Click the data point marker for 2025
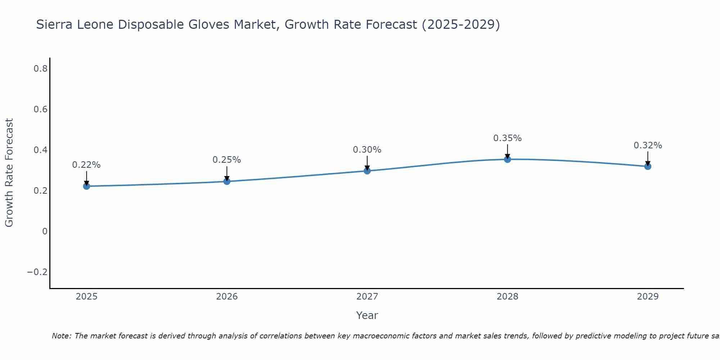click(x=86, y=186)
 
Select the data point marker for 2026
click(x=227, y=181)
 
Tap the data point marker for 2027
click(x=367, y=171)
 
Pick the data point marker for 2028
click(x=508, y=159)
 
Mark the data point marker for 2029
click(x=648, y=166)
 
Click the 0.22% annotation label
click(x=86, y=165)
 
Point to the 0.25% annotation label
click(x=227, y=160)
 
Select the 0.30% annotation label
click(x=367, y=150)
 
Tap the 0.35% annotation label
click(x=508, y=138)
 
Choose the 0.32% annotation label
click(x=648, y=145)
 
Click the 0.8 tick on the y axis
click(x=41, y=68)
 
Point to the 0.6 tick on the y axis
click(x=41, y=109)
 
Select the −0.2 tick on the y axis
click(x=37, y=272)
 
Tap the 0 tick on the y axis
click(x=45, y=231)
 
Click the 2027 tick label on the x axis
click(x=367, y=297)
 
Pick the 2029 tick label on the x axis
click(x=648, y=297)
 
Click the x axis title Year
click(x=367, y=315)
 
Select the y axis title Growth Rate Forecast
click(x=9, y=173)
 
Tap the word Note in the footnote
click(x=61, y=336)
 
